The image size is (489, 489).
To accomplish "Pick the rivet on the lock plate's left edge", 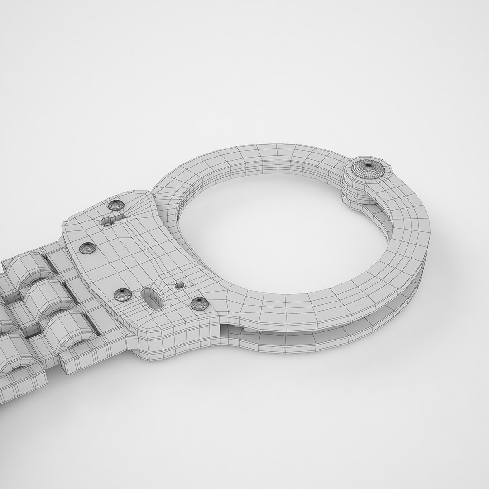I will (x=86, y=247).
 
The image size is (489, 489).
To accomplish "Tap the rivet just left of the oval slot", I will (x=121, y=295).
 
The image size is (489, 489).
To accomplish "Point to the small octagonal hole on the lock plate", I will (x=180, y=285).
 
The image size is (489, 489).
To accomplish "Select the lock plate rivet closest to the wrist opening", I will (x=198, y=303).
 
